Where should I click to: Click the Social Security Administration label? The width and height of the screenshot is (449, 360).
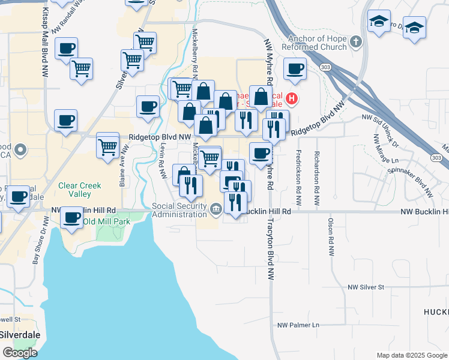tap(179, 210)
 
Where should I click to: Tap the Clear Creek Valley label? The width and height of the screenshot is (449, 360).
tap(80, 190)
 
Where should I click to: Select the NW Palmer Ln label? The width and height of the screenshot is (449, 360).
tap(298, 325)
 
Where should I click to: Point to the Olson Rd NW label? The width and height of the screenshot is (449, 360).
tap(331, 236)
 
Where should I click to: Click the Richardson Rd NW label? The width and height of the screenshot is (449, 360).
tap(316, 170)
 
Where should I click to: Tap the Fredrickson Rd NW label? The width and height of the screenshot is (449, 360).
tap(298, 170)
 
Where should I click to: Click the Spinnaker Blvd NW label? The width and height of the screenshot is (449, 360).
tap(412, 179)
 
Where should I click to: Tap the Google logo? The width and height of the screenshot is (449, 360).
tap(20, 353)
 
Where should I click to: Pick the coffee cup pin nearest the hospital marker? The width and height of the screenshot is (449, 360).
tap(294, 69)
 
